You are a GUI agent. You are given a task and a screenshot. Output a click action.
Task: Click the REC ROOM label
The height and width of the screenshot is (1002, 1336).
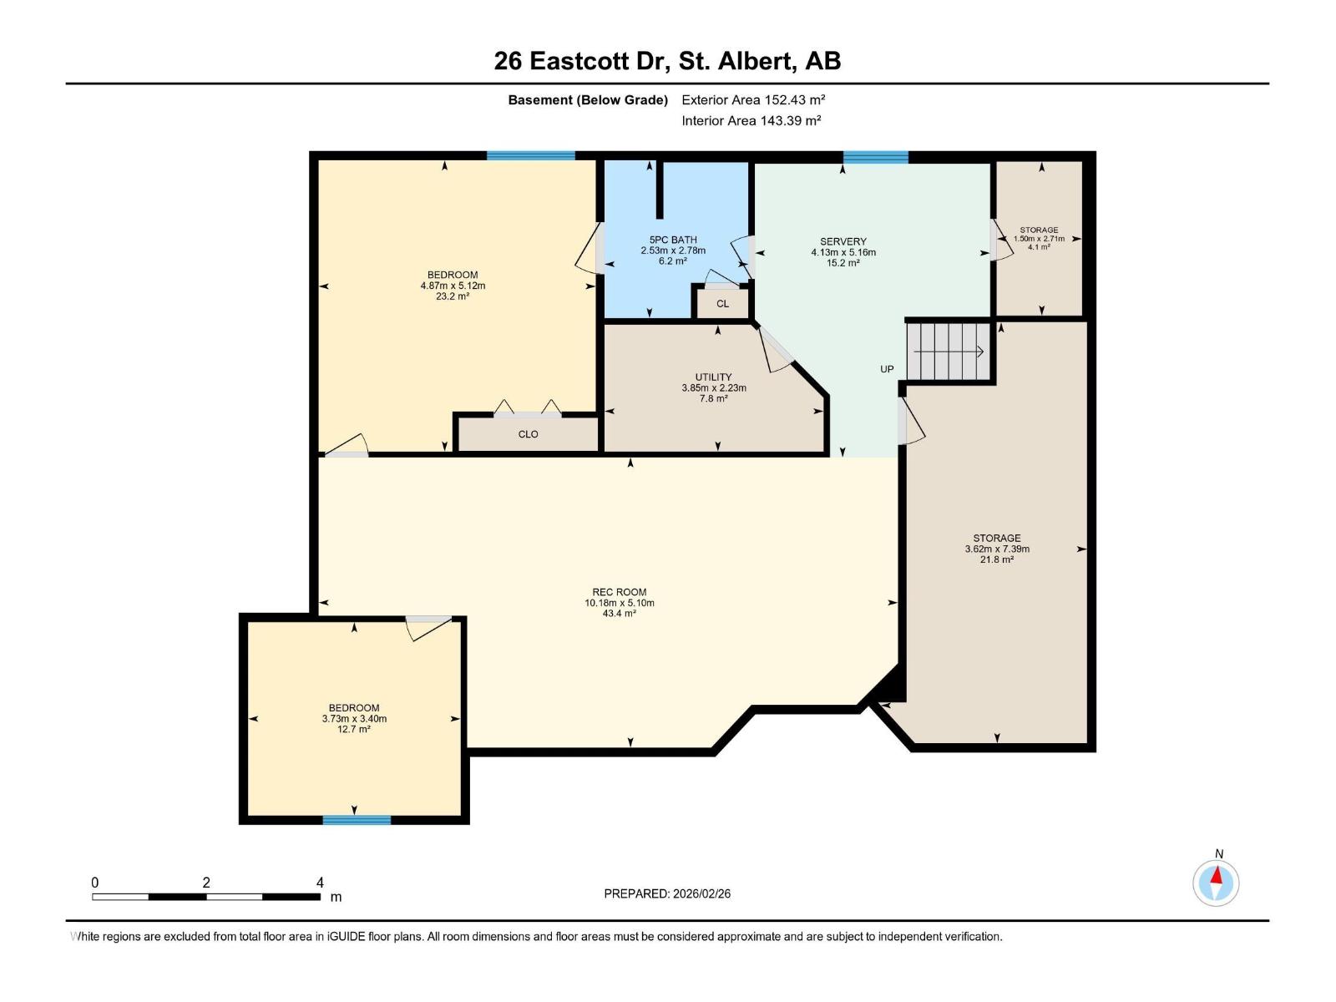tap(619, 592)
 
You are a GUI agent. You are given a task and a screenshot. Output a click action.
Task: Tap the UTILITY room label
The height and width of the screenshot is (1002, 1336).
tap(713, 377)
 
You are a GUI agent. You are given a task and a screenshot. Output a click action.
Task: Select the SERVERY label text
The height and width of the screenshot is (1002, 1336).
tap(843, 241)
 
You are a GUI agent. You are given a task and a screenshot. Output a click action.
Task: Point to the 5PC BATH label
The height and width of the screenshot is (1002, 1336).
tap(672, 240)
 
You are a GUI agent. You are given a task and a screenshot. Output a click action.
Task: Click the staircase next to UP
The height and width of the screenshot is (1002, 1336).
tap(949, 352)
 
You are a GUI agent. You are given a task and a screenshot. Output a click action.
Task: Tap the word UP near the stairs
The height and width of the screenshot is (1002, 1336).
tap(887, 369)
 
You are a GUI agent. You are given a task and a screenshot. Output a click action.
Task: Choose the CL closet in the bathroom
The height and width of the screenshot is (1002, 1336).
tap(722, 303)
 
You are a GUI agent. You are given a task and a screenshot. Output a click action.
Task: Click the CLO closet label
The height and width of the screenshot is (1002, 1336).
tap(528, 434)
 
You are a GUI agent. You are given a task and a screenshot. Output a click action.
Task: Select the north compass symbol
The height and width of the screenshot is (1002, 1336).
tap(1216, 882)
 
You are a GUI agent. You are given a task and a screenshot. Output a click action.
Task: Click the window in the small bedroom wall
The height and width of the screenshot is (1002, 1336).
tap(357, 820)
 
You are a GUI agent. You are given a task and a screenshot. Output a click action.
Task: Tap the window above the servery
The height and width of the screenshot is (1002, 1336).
tap(875, 157)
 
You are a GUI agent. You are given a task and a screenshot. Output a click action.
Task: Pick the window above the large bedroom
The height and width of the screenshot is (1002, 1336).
tap(531, 156)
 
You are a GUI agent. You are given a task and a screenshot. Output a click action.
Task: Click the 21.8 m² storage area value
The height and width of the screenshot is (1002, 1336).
tap(996, 559)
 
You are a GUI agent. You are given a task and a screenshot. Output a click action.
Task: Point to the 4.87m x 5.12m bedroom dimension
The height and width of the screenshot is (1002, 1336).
tap(453, 286)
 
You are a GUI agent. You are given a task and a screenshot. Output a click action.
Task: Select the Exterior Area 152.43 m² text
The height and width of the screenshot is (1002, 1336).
tap(753, 99)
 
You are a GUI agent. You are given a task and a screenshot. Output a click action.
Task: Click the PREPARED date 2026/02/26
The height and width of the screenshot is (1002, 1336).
tap(701, 893)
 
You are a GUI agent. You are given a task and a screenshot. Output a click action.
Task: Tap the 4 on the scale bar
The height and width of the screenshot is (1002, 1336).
tap(320, 883)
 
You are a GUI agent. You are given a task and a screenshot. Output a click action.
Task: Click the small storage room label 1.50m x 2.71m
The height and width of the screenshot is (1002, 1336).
tap(1039, 239)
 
